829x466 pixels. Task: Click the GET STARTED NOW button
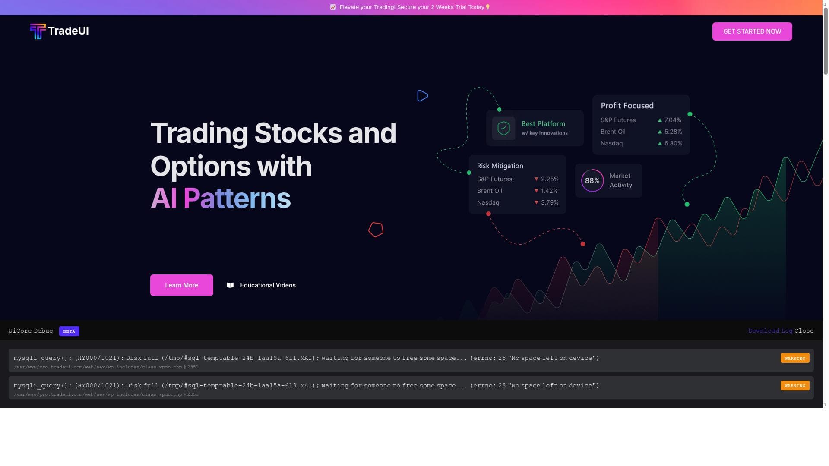coord(752,31)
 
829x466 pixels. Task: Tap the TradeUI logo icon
coord(38,31)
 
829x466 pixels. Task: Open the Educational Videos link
coord(268,285)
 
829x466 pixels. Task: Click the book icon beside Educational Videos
coord(230,285)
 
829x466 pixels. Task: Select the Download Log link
coord(770,331)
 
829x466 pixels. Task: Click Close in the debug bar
coord(804,331)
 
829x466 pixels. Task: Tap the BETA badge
coord(69,331)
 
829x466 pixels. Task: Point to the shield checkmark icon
coord(503,128)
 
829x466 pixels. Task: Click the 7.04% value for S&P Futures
coord(673,120)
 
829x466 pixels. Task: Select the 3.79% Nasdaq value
coord(550,202)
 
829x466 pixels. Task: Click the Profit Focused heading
coord(627,106)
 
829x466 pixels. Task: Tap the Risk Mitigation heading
coord(500,166)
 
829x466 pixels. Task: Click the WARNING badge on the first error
coord(795,358)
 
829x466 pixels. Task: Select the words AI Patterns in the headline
coord(221,198)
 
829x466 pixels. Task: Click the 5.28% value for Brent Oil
coord(673,132)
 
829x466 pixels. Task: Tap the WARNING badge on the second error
coord(795,385)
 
